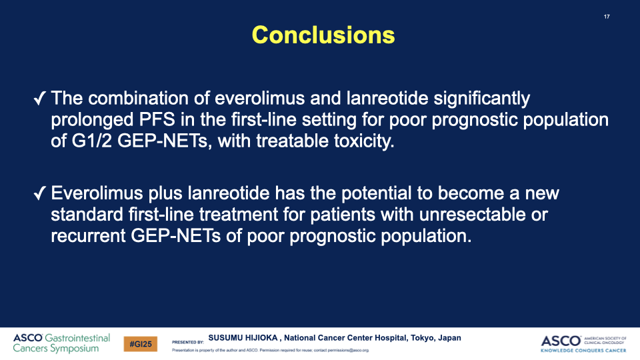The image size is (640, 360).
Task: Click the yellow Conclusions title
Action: point(323,35)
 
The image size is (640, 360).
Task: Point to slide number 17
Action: point(607,17)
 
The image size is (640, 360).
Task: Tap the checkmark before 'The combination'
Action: point(39,99)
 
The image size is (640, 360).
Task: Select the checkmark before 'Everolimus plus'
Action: point(39,193)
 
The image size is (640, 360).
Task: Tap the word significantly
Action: point(481,99)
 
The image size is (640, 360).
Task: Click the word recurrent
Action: point(88,236)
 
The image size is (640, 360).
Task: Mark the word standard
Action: point(87,214)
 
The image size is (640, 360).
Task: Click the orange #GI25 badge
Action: point(141,344)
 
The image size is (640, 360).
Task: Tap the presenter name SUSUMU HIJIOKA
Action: point(243,338)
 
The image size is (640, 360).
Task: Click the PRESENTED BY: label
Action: point(188,342)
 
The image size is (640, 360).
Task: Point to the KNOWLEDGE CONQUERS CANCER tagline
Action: point(583,350)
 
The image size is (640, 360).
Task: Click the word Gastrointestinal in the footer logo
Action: point(77,338)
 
